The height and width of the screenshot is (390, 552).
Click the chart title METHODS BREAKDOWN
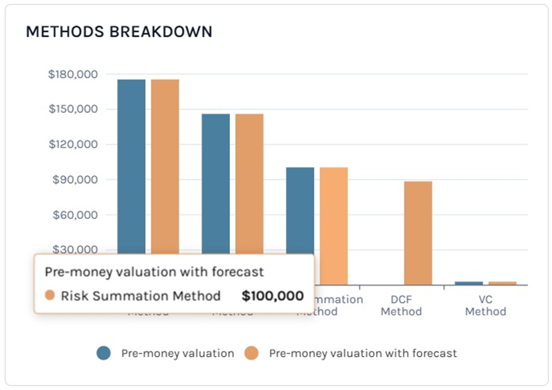119,32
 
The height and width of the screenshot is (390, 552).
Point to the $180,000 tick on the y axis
73,74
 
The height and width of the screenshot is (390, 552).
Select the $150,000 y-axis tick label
73,109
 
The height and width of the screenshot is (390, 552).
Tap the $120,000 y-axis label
73,144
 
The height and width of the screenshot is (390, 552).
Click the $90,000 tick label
76,180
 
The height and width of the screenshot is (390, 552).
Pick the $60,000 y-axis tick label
76,215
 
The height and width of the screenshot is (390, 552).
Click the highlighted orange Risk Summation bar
334,225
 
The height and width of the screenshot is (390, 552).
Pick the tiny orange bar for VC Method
502,283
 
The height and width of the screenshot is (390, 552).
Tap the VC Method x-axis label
485,306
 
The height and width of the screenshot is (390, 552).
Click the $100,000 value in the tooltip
272,296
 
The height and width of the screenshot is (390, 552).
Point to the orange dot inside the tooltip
50,295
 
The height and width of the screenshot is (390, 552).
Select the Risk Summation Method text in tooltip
141,296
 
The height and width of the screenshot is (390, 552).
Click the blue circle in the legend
104,353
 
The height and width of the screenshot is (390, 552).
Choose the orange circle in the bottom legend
252,353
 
